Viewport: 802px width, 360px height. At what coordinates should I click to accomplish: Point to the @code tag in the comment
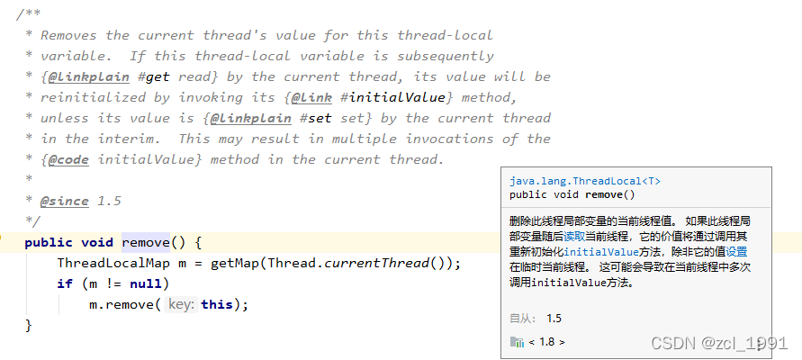point(68,159)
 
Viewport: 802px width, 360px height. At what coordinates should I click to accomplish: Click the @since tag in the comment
point(65,201)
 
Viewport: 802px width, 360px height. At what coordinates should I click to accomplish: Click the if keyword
point(64,283)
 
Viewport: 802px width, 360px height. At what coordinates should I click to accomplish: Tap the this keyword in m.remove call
point(217,304)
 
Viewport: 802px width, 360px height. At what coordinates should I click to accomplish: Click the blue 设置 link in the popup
point(736,251)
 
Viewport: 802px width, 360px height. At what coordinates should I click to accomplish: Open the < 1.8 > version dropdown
point(545,342)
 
